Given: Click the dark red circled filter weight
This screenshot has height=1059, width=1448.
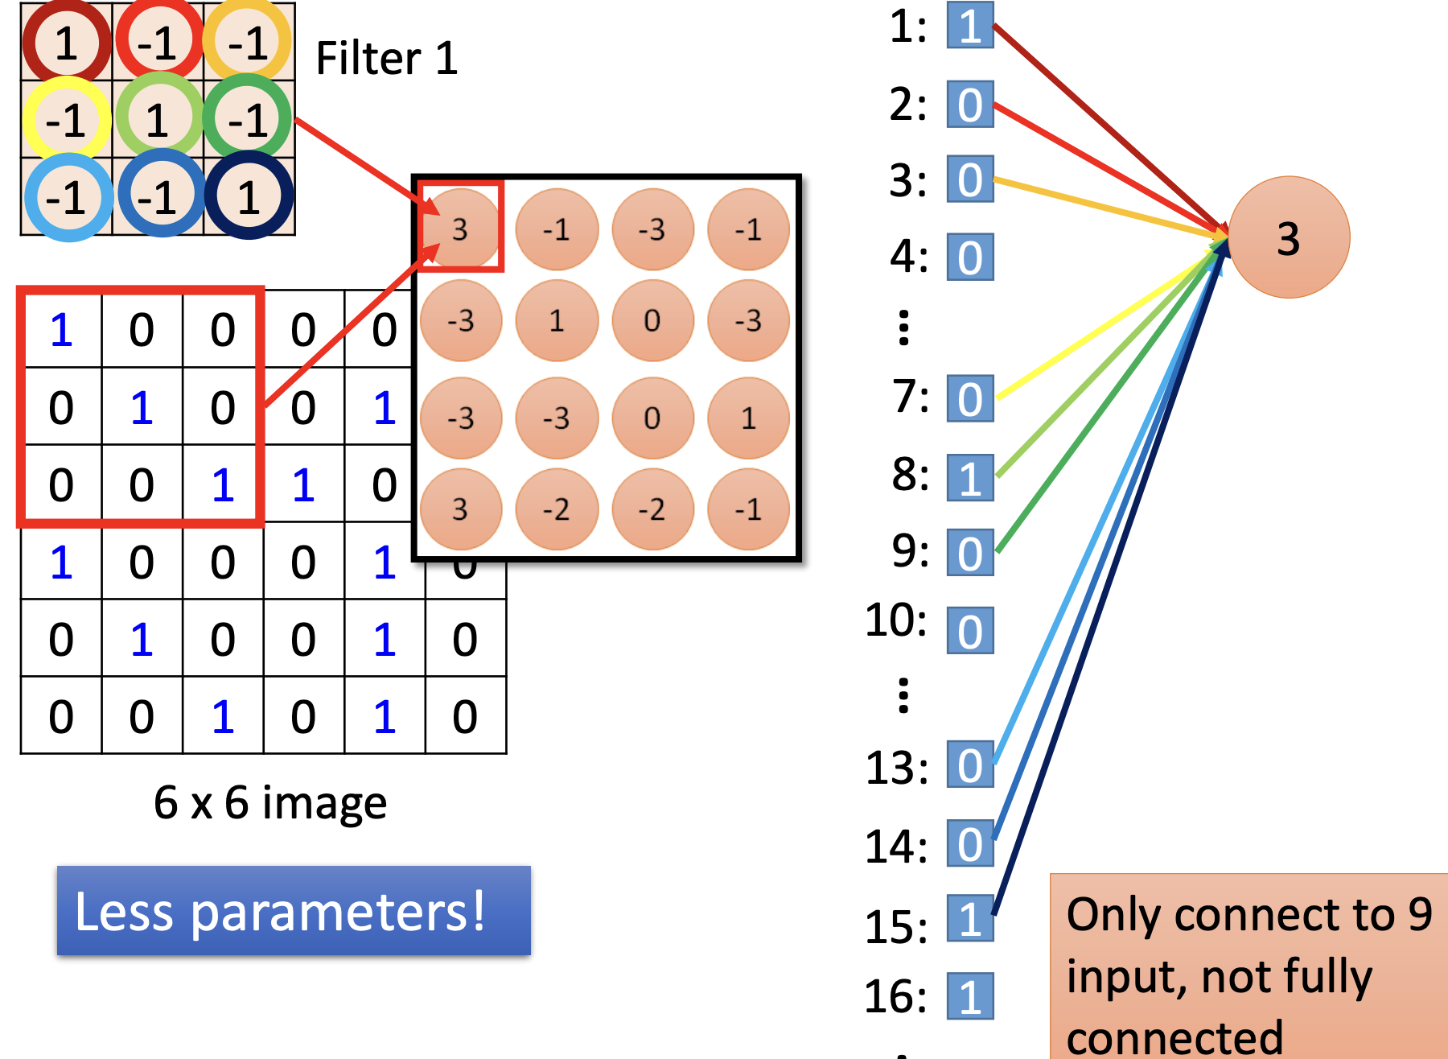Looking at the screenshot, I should [66, 42].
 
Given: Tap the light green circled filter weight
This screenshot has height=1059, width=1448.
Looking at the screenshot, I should [158, 119].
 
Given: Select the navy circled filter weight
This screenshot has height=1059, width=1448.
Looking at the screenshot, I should [249, 196].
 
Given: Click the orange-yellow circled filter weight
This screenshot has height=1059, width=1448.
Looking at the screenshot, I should [247, 42].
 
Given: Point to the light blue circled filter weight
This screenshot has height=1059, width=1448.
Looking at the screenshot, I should [68, 197].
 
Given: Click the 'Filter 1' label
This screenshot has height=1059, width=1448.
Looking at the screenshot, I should [386, 58].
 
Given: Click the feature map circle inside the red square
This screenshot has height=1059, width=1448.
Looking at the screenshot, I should [460, 229].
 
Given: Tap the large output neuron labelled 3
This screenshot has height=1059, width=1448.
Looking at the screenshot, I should [1289, 237].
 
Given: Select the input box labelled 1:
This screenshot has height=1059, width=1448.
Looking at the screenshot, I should [970, 27].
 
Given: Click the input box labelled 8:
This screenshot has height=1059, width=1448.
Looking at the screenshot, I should [970, 478].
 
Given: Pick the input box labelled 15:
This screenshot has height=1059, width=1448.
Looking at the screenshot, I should [970, 918].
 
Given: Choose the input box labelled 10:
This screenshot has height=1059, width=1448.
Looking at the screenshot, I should [970, 631].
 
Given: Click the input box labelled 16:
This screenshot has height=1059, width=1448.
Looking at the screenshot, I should [970, 996].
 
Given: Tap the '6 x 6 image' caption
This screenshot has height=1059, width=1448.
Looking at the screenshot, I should [270, 802].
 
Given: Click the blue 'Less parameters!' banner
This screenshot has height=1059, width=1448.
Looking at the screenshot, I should [294, 911].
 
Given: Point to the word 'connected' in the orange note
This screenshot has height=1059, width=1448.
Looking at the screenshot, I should [1174, 1037].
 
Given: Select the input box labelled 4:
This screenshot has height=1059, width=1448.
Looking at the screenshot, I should [970, 258].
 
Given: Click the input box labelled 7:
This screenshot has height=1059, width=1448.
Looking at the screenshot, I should [970, 398].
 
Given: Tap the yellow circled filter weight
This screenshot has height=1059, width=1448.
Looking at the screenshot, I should [66, 119].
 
